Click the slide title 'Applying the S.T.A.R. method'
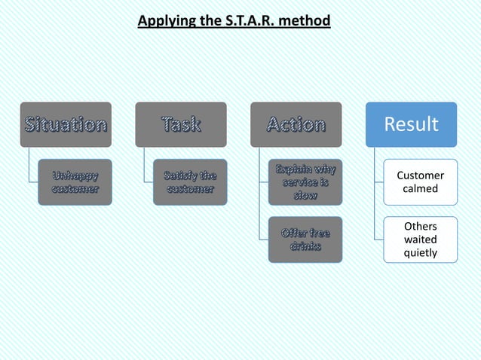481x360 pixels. pyautogui.click(x=234, y=20)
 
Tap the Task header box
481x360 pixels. pyautogui.click(x=181, y=124)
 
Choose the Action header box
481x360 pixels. pyautogui.click(x=296, y=124)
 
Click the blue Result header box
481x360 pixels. pyautogui.click(x=411, y=124)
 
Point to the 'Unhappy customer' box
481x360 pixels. pyautogui.click(x=75, y=182)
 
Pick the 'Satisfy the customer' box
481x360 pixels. pyautogui.click(x=190, y=182)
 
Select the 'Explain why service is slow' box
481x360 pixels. pyautogui.click(x=305, y=182)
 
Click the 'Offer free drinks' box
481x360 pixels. pyautogui.click(x=305, y=239)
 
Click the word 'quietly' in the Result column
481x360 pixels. pyautogui.click(x=420, y=252)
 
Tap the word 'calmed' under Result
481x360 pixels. pyautogui.click(x=420, y=188)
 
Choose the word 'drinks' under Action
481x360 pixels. pyautogui.click(x=305, y=246)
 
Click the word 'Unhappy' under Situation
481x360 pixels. pyautogui.click(x=75, y=175)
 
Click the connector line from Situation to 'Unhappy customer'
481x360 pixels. pyautogui.click(x=29, y=166)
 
